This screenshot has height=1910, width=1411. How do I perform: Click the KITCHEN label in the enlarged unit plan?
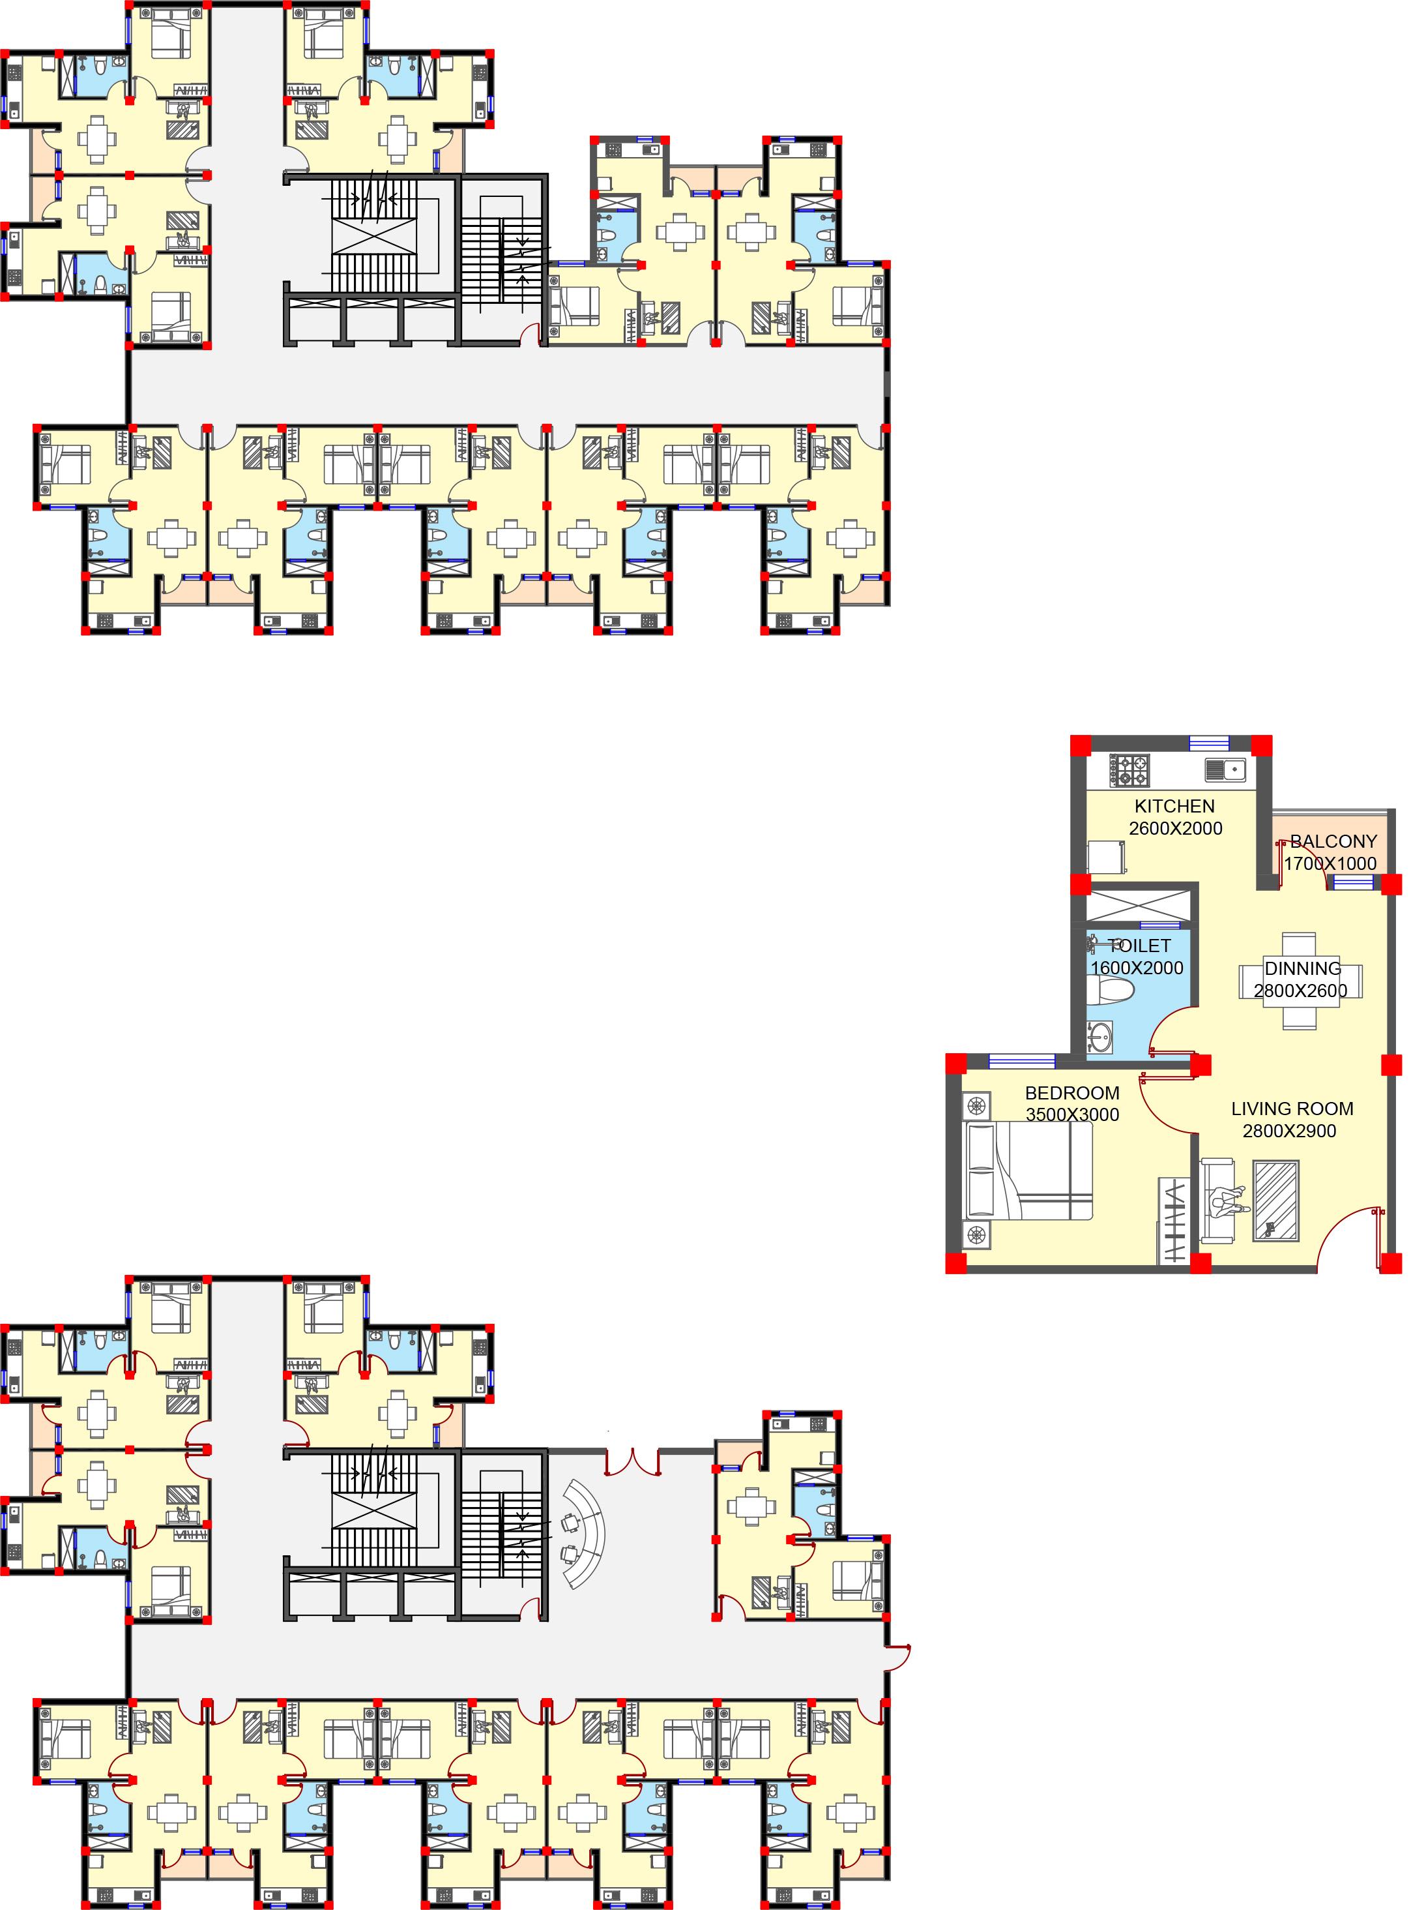tap(1174, 806)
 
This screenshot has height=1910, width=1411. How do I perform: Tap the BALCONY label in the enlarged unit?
tap(1333, 841)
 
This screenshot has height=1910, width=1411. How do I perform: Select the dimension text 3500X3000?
tap(1072, 1114)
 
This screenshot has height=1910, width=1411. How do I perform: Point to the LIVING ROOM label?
tap(1292, 1109)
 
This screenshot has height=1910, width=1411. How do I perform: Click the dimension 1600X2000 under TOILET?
tap(1137, 968)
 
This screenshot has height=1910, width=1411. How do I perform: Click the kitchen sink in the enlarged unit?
tap(1226, 770)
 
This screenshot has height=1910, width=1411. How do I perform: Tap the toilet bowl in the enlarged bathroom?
tap(1111, 991)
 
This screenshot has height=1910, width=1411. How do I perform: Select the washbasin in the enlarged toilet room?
tap(1100, 1038)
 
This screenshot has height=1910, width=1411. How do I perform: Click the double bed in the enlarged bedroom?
tap(1028, 1171)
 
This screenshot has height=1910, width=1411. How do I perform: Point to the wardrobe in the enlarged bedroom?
tap(1174, 1219)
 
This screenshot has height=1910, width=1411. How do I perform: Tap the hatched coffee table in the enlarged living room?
tap(1276, 1200)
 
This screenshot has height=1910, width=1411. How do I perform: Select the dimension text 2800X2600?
tap(1300, 991)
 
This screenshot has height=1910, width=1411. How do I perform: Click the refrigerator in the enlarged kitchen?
tap(1106, 858)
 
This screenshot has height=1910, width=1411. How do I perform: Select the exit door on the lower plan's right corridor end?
tap(897, 1658)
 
